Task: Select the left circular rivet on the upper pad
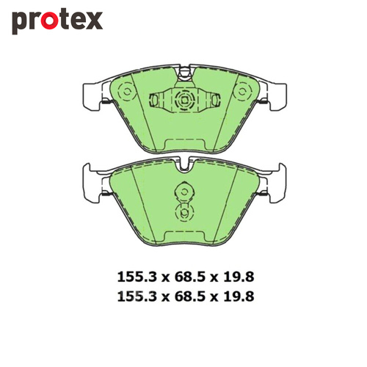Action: [x=125, y=93]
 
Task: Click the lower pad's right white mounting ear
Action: [x=277, y=181]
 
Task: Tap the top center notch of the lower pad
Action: [x=183, y=167]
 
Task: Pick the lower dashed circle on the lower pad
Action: [x=183, y=212]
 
